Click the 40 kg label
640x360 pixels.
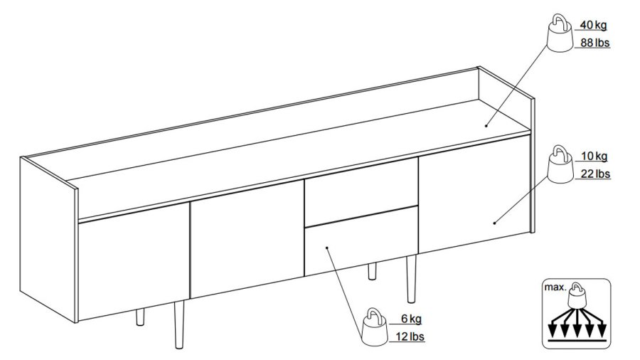(593, 25)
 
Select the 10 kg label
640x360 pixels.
(594, 156)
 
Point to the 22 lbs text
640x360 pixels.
(595, 174)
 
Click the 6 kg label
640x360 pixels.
(412, 319)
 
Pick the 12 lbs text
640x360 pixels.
(410, 337)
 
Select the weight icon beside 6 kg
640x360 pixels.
(375, 327)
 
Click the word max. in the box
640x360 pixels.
(555, 287)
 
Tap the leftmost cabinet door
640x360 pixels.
(134, 261)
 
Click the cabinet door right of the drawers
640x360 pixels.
(474, 194)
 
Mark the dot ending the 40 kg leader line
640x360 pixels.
(486, 126)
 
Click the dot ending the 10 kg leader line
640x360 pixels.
(494, 223)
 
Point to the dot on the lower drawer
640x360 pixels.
(326, 247)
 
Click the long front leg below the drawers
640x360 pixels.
(411, 279)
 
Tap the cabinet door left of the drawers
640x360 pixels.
(247, 240)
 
